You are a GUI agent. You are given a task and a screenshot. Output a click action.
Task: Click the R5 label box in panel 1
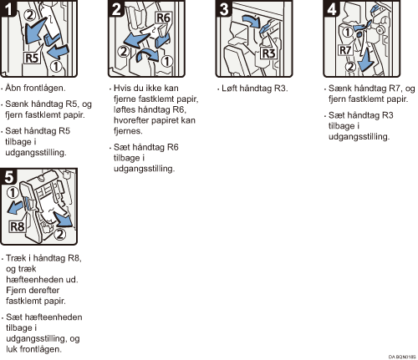[32, 58]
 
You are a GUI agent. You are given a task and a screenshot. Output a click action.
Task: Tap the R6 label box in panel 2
[163, 18]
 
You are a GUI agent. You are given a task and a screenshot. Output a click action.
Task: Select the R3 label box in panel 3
[268, 53]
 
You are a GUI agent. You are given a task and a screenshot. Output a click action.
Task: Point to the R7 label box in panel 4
[345, 50]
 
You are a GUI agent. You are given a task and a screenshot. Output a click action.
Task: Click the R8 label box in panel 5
[18, 226]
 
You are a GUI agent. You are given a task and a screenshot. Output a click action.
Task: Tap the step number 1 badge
[8, 8]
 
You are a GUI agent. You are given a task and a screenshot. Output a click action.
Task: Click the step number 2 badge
[116, 8]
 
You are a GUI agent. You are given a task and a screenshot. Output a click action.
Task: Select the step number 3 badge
[224, 8]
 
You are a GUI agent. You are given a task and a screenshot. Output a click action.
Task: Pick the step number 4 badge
[332, 8]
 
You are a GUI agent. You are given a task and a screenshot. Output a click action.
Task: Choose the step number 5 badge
[8, 176]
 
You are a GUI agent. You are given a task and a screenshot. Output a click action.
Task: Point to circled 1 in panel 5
[13, 192]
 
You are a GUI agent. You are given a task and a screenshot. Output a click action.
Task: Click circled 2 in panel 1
[30, 15]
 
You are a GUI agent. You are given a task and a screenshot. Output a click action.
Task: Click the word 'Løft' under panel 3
[229, 89]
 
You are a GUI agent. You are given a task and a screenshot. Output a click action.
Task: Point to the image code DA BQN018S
[402, 357]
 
